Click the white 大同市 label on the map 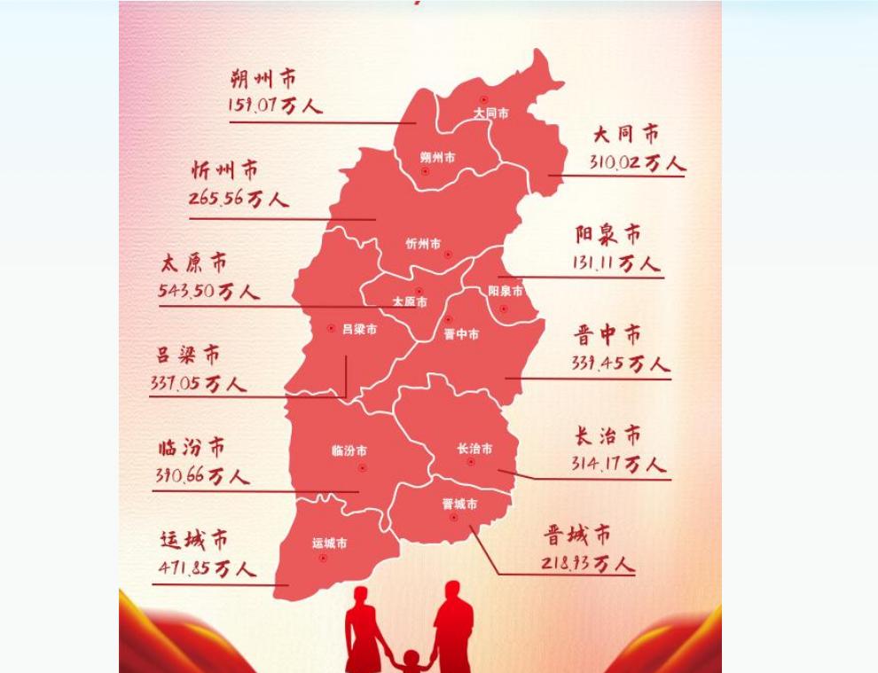(x=490, y=113)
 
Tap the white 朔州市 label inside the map (x=437, y=158)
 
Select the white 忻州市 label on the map (x=423, y=244)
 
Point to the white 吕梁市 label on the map (x=359, y=329)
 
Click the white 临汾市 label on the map (x=349, y=450)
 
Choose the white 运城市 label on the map (x=329, y=543)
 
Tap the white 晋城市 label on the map (x=459, y=504)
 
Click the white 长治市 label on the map (x=474, y=449)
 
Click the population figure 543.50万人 (x=208, y=291)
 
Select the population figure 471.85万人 (x=208, y=568)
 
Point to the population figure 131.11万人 (x=615, y=263)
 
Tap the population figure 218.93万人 (x=588, y=563)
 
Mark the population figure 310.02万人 (x=637, y=163)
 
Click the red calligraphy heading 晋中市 (x=608, y=335)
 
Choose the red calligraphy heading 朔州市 (x=263, y=79)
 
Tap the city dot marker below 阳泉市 (x=504, y=309)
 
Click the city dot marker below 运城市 (x=323, y=559)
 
